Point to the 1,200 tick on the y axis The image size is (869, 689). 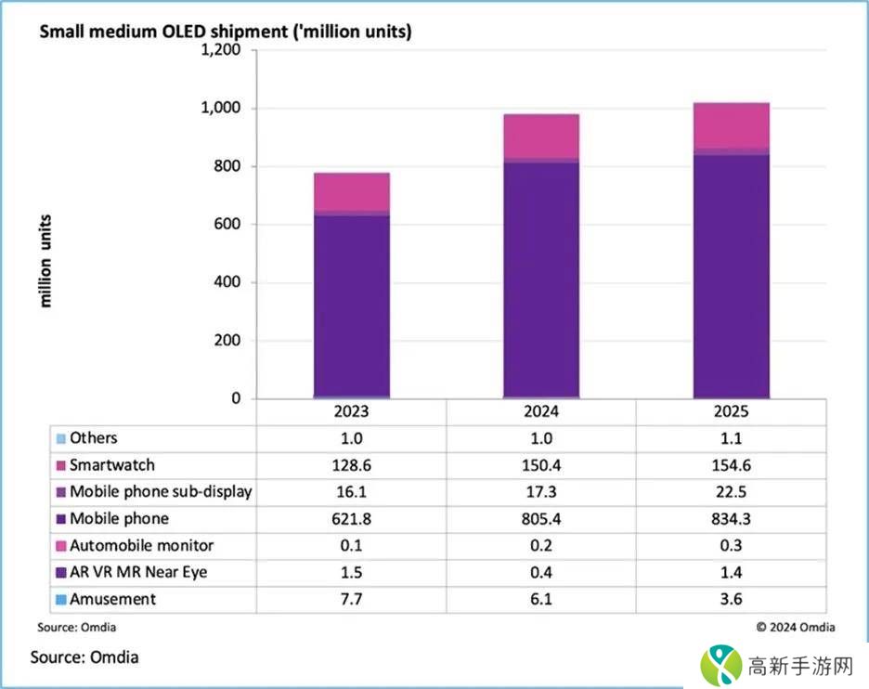point(221,50)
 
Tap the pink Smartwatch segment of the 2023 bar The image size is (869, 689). point(351,191)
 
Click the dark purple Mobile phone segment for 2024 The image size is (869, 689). point(541,279)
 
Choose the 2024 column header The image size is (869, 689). point(541,411)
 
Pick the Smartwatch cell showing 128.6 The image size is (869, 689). point(351,464)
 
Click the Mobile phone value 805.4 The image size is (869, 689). point(541,518)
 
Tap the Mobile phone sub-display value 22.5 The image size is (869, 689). point(732,491)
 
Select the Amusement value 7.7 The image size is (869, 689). point(351,599)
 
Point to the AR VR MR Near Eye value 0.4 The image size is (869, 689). point(541,572)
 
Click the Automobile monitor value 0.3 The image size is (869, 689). point(732,545)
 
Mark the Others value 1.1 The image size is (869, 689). point(732,437)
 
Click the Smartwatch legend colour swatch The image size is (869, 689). point(61,465)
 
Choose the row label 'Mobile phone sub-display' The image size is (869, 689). point(161,491)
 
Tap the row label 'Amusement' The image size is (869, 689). point(112,599)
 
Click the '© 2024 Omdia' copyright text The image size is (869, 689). point(795,627)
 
